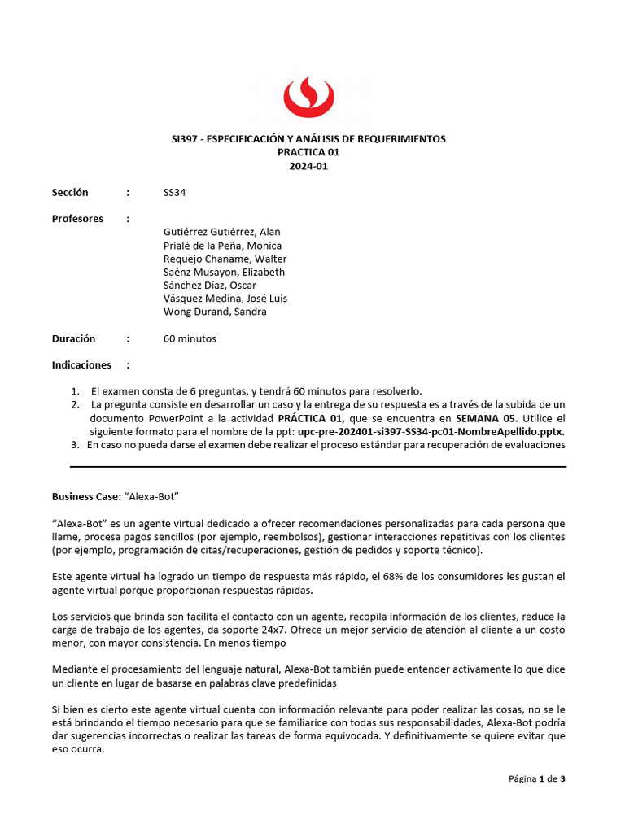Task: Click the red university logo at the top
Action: (x=312, y=98)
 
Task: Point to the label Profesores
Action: (x=77, y=219)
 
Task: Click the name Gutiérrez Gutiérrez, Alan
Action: (x=221, y=233)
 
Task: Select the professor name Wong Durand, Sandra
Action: (x=215, y=312)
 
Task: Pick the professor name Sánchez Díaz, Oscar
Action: (x=209, y=286)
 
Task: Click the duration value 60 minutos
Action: (x=190, y=338)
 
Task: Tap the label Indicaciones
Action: (x=81, y=365)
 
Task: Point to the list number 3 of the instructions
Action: (x=75, y=445)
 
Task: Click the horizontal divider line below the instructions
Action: (x=317, y=467)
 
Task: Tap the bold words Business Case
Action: (x=86, y=496)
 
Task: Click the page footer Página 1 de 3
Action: (x=536, y=778)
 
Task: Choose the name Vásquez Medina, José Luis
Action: (x=225, y=299)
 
